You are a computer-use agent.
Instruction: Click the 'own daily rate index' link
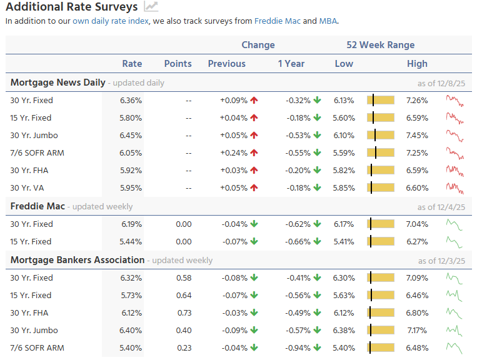pyautogui.click(x=111, y=21)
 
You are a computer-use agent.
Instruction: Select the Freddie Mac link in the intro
pyautogui.click(x=278, y=21)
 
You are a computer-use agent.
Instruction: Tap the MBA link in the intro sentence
pyautogui.click(x=328, y=21)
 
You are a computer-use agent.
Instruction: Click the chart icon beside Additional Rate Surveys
pyautogui.click(x=151, y=7)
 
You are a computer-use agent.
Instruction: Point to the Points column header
pyautogui.click(x=178, y=64)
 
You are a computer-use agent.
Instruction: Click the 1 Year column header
pyautogui.click(x=291, y=64)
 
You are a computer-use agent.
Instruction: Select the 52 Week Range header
pyautogui.click(x=380, y=45)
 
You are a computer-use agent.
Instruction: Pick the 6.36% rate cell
pyautogui.click(x=131, y=100)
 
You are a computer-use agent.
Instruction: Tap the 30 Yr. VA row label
pyautogui.click(x=27, y=187)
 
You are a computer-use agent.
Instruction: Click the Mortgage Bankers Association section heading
pyautogui.click(x=78, y=260)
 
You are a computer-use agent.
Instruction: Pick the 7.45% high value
pyautogui.click(x=417, y=135)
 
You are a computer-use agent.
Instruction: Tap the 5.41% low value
pyautogui.click(x=344, y=241)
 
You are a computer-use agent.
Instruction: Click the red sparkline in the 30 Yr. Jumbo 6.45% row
pyautogui.click(x=455, y=135)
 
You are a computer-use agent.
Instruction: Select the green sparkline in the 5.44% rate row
pyautogui.click(x=454, y=241)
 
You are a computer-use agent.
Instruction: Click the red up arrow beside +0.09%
pyautogui.click(x=254, y=100)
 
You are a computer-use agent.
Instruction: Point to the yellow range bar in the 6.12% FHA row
pyautogui.click(x=381, y=312)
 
